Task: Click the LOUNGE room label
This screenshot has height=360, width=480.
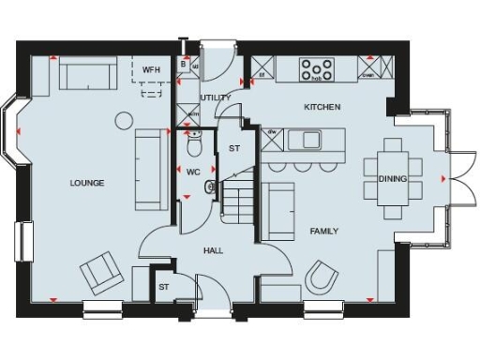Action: [86, 183]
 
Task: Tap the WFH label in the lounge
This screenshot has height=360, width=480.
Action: [151, 70]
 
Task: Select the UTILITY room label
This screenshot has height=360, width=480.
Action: [215, 97]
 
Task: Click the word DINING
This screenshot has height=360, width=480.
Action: [392, 178]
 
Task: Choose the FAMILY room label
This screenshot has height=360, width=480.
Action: [323, 231]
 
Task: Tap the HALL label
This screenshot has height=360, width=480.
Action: [213, 250]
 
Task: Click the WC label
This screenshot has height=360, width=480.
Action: [193, 172]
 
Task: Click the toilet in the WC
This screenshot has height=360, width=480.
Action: [194, 144]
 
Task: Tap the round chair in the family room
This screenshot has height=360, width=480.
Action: [324, 278]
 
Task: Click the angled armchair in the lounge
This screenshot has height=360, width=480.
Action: [100, 274]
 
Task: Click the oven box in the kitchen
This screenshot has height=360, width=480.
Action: [368, 69]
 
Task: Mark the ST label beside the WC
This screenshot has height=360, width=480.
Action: [234, 148]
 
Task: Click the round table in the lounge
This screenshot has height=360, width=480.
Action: [124, 120]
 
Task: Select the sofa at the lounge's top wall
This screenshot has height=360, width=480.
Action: [88, 73]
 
